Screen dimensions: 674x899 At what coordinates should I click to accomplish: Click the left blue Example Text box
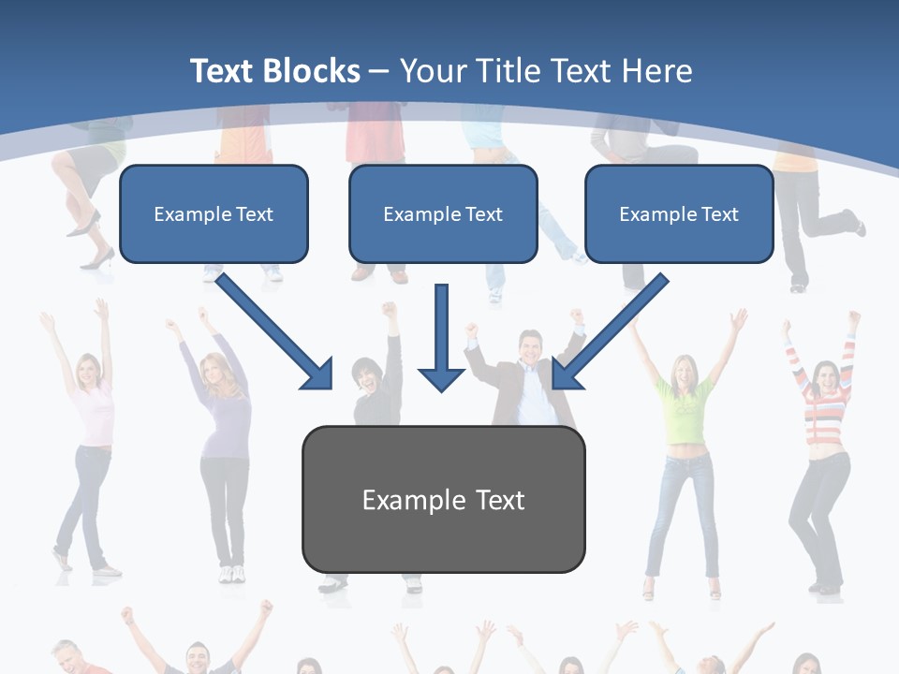pyautogui.click(x=214, y=213)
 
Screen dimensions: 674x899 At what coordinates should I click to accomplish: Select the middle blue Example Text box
pyautogui.click(x=443, y=213)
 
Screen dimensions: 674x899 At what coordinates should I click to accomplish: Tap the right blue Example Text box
pyautogui.click(x=679, y=213)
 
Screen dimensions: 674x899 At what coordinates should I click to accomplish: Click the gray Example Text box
pyautogui.click(x=443, y=499)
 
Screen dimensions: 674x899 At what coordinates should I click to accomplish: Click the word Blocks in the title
pyautogui.click(x=312, y=71)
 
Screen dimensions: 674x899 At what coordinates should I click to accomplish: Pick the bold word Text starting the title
pyautogui.click(x=222, y=71)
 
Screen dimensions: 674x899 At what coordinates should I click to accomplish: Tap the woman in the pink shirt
pyautogui.click(x=91, y=421)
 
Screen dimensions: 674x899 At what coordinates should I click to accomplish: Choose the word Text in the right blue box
pyautogui.click(x=719, y=213)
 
